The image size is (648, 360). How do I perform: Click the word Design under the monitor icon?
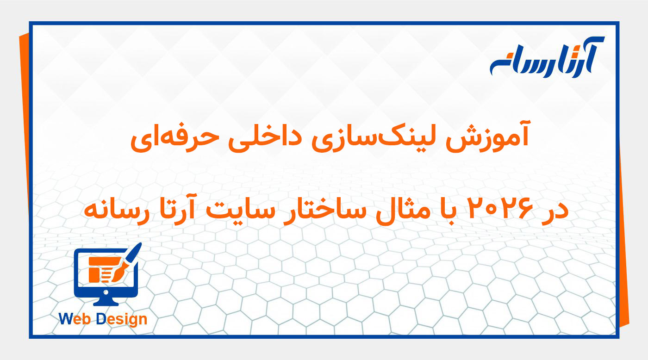point(121,319)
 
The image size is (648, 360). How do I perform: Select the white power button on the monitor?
point(106,292)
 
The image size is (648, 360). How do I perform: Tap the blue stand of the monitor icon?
point(106,302)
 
